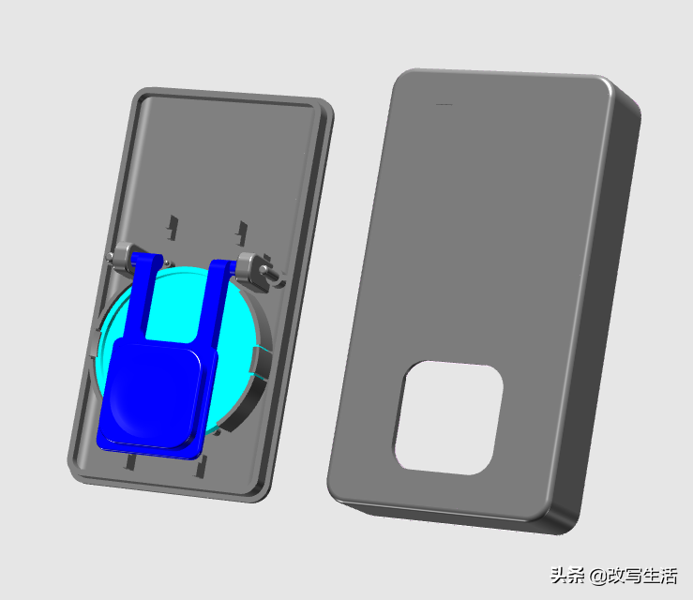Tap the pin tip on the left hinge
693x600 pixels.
[110, 256]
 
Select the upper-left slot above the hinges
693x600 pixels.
[173, 228]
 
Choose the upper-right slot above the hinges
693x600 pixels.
[242, 233]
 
